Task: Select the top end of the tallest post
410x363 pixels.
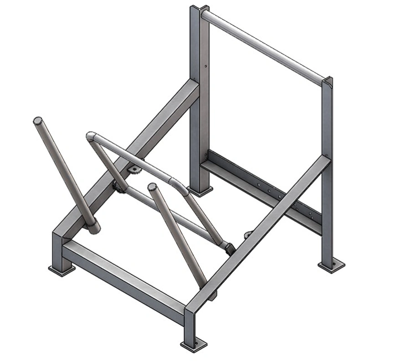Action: tap(200, 8)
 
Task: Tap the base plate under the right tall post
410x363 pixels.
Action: tap(332, 264)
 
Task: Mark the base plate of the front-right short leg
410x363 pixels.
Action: tap(194, 344)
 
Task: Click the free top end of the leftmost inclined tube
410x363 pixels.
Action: tap(38, 121)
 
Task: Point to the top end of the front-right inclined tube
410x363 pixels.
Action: tap(152, 187)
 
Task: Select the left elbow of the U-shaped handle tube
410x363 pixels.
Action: tap(92, 136)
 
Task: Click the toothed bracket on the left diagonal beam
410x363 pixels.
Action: tap(134, 170)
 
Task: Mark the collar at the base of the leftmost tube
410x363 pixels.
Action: tap(93, 227)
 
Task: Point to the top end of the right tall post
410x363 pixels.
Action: tap(327, 82)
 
